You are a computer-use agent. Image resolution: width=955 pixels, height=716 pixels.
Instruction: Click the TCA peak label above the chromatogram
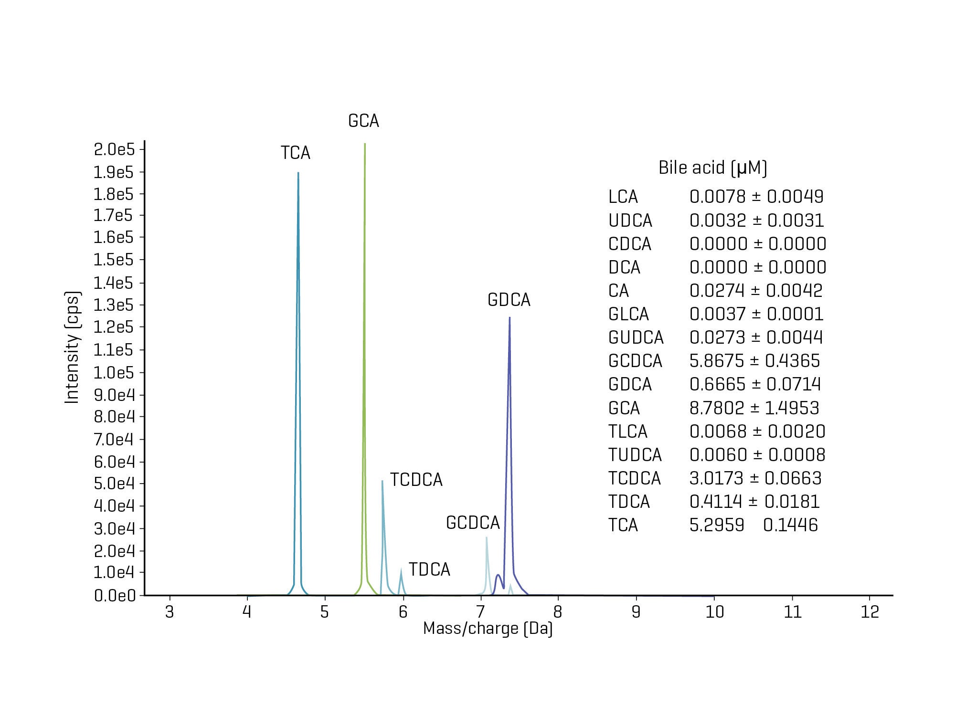295,153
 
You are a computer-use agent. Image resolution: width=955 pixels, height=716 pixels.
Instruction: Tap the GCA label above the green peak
363,121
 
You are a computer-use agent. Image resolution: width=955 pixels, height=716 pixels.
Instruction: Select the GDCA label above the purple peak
509,300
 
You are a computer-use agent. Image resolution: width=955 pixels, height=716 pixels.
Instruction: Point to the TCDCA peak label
416,480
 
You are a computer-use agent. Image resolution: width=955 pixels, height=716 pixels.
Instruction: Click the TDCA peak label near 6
429,569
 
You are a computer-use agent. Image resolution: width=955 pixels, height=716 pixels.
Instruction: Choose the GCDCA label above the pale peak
473,523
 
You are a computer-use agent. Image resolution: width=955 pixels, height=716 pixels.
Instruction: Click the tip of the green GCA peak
365,144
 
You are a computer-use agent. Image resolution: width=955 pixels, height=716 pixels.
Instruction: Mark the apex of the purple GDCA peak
509,318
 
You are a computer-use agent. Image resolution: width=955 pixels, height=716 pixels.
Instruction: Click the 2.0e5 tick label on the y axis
114,150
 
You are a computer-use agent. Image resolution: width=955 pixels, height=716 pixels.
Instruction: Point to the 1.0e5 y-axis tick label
114,372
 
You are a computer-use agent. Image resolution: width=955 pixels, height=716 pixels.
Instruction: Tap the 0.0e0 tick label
115,596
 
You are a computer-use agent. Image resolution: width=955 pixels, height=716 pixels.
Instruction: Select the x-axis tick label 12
870,612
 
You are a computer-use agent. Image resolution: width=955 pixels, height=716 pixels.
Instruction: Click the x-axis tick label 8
558,612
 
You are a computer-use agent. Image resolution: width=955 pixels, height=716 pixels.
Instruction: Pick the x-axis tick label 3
169,612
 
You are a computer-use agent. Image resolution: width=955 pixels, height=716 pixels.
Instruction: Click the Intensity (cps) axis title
72,347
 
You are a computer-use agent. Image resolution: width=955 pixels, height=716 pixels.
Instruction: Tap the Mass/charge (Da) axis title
488,629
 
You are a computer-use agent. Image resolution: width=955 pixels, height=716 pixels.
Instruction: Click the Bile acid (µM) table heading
712,168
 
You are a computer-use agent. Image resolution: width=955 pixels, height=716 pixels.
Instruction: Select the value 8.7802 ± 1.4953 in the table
754,408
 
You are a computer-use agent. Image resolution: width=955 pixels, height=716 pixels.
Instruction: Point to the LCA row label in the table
623,197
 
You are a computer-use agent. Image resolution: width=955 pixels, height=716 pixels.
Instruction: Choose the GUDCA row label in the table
636,337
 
